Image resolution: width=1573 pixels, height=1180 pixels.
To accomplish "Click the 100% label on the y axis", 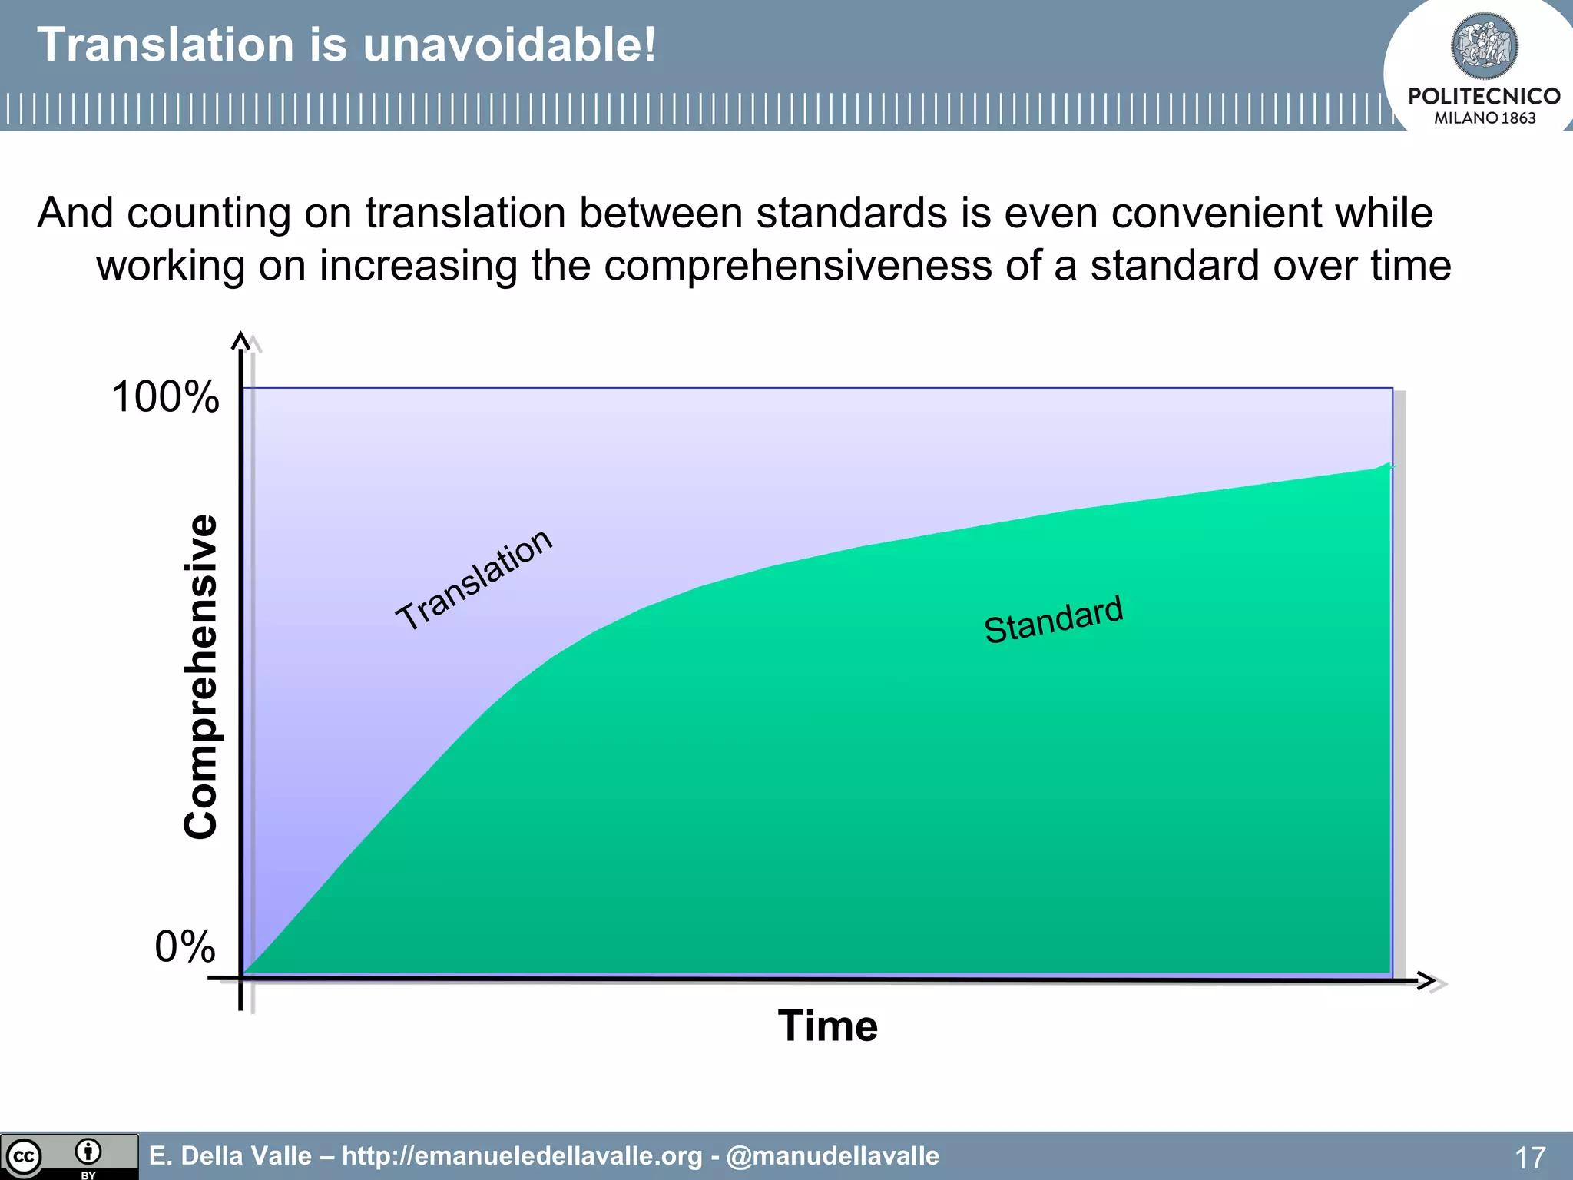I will pyautogui.click(x=165, y=398).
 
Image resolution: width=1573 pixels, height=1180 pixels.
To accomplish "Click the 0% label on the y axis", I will pyautogui.click(x=185, y=946).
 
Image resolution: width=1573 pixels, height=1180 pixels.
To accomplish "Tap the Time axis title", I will pyautogui.click(x=827, y=1026).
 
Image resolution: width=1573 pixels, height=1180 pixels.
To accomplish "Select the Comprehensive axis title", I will pyautogui.click(x=201, y=676).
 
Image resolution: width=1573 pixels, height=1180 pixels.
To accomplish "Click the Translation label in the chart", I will pyautogui.click(x=473, y=580).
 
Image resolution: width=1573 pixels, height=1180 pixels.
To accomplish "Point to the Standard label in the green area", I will pyautogui.click(x=1053, y=619).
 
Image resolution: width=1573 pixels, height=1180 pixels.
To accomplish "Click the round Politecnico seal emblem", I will pyautogui.click(x=1484, y=46).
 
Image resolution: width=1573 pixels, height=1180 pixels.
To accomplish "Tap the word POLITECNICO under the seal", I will pyautogui.click(x=1484, y=97).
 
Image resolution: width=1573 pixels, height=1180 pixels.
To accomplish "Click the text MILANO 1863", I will pyautogui.click(x=1484, y=118).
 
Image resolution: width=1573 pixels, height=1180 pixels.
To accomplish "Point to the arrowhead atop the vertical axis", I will pyautogui.click(x=241, y=340).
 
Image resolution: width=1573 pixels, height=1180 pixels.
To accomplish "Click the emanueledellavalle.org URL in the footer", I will pyautogui.click(x=522, y=1156).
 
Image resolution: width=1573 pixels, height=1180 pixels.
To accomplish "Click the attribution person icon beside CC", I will pyautogui.click(x=88, y=1152).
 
